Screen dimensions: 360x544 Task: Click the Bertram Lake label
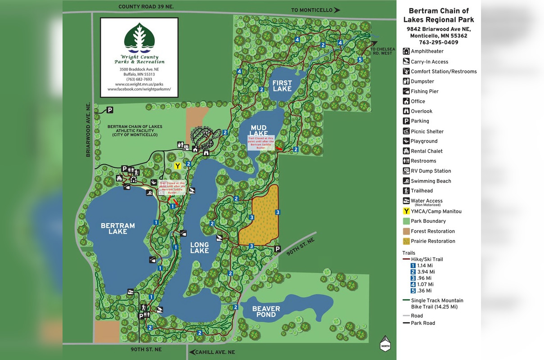[x=117, y=229]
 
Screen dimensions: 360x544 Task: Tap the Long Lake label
[x=199, y=248]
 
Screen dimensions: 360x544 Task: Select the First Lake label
[x=282, y=86]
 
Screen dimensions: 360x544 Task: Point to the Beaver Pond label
[x=266, y=311]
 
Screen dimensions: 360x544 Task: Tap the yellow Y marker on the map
[x=178, y=166]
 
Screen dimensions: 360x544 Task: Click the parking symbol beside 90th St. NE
[x=278, y=249]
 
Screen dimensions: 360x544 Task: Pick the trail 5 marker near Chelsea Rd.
[x=360, y=60]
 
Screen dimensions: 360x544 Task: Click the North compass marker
[x=385, y=344]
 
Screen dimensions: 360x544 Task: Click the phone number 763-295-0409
[x=438, y=42]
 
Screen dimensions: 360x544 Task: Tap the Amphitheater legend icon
[x=406, y=52]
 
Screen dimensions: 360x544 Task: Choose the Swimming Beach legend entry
[x=431, y=181]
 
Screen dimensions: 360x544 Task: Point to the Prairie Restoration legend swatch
[x=406, y=241]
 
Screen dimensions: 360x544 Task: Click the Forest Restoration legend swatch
[x=406, y=231]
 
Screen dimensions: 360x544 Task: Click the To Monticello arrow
[x=337, y=10]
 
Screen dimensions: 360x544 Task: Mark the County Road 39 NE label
[x=146, y=7]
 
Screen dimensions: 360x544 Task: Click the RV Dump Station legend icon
[x=406, y=171]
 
